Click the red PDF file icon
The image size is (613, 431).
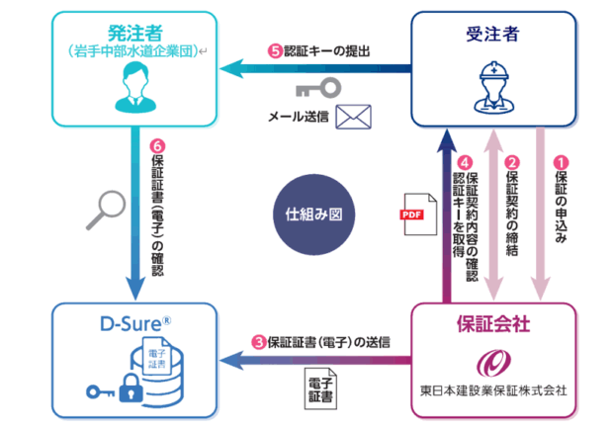click(x=412, y=213)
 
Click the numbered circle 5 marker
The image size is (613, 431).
click(x=275, y=50)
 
